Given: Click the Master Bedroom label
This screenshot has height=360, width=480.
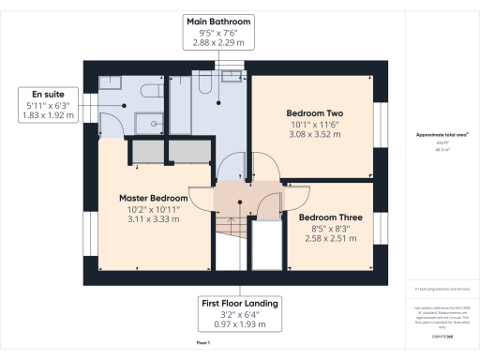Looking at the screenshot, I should click(x=155, y=198).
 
